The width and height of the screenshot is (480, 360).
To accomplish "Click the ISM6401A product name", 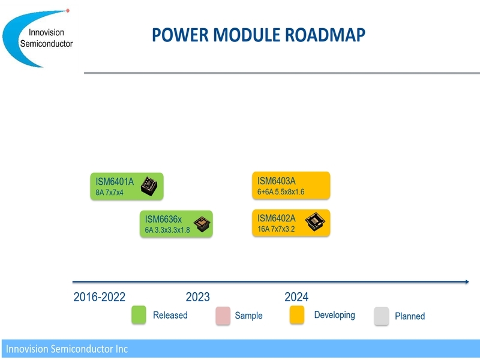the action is [x=115, y=182].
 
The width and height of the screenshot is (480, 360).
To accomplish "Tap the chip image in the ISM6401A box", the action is [x=149, y=186].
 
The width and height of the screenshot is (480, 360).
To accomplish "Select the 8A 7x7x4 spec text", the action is [x=109, y=193].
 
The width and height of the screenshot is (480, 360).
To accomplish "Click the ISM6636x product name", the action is [x=163, y=219].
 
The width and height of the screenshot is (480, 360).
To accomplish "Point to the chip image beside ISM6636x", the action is [x=202, y=223].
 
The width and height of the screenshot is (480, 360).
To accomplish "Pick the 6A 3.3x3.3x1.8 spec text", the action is [x=167, y=230].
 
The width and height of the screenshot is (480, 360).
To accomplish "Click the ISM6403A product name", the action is [x=277, y=181].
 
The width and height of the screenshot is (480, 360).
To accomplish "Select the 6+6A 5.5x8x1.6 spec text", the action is [x=281, y=192].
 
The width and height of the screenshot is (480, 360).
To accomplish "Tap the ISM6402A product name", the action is [x=277, y=218].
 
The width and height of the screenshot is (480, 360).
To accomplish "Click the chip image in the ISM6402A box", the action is [x=315, y=221].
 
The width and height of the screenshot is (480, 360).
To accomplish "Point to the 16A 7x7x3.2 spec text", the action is [x=276, y=229].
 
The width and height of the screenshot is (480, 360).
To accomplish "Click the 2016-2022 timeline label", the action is [x=99, y=297].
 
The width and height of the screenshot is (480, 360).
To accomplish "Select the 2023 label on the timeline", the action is [x=198, y=297].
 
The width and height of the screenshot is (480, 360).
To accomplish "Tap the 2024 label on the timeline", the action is [x=296, y=297].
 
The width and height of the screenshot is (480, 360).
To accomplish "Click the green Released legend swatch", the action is [x=139, y=314].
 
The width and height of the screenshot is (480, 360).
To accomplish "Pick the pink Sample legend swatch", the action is [x=223, y=316].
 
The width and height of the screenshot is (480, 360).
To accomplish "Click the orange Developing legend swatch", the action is [x=297, y=314].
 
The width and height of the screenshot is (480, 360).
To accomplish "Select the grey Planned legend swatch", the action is [x=382, y=316].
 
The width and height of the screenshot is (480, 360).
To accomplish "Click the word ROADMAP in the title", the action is [x=325, y=35].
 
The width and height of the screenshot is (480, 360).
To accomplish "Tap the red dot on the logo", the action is [x=68, y=11].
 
